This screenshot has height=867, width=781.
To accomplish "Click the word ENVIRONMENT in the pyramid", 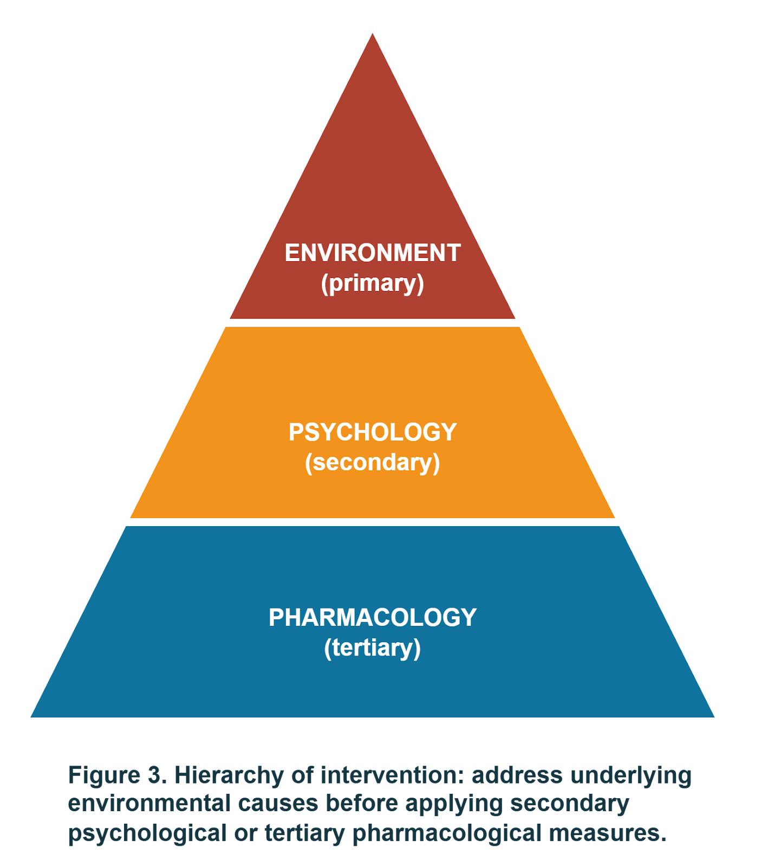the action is (x=373, y=253).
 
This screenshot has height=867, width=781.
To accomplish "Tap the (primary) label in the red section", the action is (x=373, y=283).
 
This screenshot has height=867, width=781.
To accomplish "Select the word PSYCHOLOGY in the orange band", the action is (x=373, y=432).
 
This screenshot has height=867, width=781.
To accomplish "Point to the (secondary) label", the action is (x=373, y=463).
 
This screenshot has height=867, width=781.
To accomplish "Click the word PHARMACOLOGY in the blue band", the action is (x=373, y=618).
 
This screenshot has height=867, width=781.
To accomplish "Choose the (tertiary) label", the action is (x=373, y=648).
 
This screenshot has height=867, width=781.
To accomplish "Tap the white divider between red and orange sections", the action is (x=373, y=323).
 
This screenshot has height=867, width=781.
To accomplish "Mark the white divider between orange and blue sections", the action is (x=373, y=522).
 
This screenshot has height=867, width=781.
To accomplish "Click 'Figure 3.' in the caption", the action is (x=117, y=775).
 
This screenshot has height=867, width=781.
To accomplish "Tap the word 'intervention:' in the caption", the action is (x=392, y=775).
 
